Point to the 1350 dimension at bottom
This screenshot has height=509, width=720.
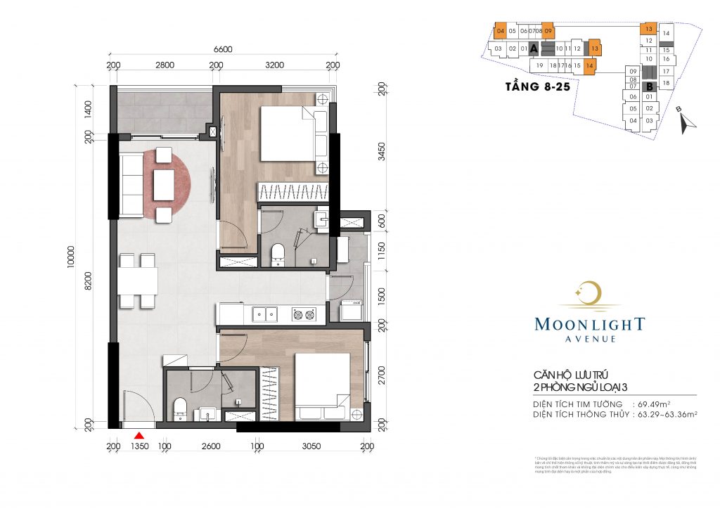pyautogui.click(x=139, y=446)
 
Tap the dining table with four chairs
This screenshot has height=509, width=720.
pyautogui.click(x=138, y=281)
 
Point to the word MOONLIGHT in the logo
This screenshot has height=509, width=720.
pyautogui.click(x=589, y=324)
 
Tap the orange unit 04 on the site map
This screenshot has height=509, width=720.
pyautogui.click(x=501, y=31)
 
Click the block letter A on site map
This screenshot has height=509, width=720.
pyautogui.click(x=534, y=49)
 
